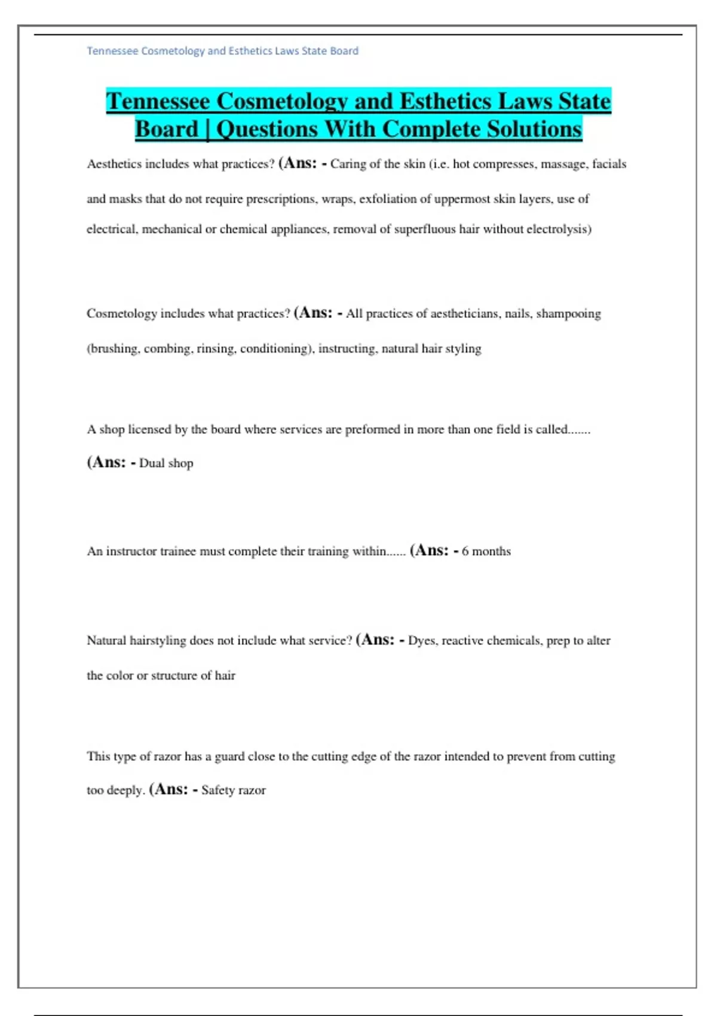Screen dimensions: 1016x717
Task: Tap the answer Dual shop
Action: (166, 463)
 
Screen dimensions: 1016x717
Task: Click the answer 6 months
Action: (486, 552)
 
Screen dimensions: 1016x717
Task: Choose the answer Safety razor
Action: (234, 790)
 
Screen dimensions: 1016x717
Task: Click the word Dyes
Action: (422, 641)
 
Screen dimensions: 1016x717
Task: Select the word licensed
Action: (149, 430)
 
